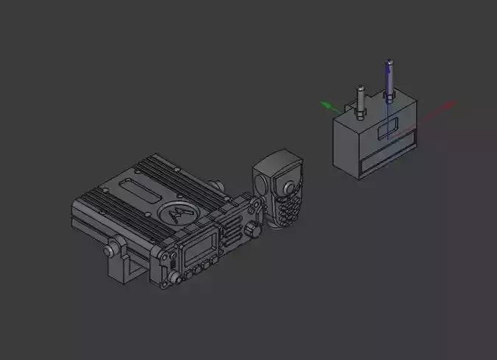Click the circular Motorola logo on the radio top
pos(177,212)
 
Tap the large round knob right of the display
pos(254,230)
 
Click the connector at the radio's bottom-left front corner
pos(176,277)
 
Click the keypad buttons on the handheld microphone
pos(287,206)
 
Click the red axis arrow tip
pos(451,104)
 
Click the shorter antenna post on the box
pos(360,98)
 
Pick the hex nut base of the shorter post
pos(360,114)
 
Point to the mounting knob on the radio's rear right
pos(215,186)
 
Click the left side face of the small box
pos(346,146)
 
